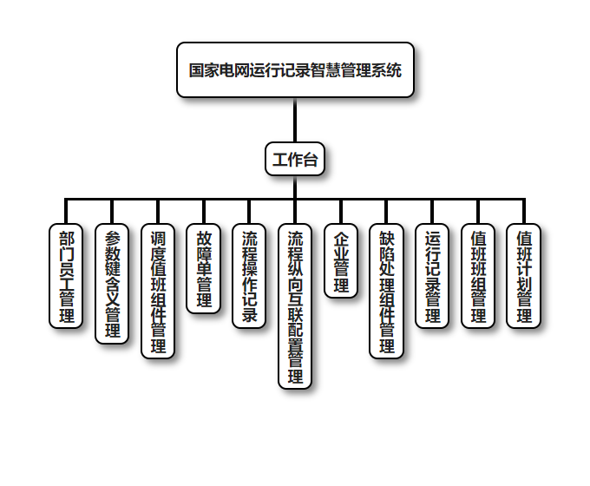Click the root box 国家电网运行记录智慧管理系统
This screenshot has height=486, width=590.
[x=295, y=70]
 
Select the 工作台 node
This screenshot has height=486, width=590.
[x=295, y=159]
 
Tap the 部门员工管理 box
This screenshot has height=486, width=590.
[x=66, y=275]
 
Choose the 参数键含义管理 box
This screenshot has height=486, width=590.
[x=112, y=284]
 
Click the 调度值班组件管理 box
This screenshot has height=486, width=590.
[x=158, y=291]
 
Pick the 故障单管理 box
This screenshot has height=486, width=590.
[x=204, y=268]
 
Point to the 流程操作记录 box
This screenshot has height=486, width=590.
[x=249, y=275]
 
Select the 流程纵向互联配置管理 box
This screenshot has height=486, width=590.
[x=295, y=305]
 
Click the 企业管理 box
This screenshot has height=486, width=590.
[x=341, y=261]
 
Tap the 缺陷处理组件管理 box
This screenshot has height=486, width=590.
[x=387, y=291]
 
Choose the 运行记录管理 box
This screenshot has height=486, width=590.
[x=433, y=275]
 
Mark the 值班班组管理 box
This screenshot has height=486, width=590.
[x=478, y=275]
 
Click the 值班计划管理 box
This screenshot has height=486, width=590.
[x=524, y=275]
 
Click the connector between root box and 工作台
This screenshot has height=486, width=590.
[x=295, y=120]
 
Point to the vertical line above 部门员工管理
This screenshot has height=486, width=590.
[x=66, y=212]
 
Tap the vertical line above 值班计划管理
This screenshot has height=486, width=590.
[x=524, y=212]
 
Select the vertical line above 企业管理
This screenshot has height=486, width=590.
[x=341, y=212]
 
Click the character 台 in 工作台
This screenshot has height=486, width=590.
[x=310, y=159]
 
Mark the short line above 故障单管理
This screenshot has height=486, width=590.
[x=204, y=212]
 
